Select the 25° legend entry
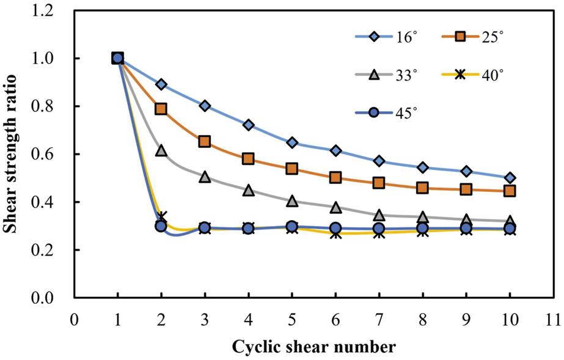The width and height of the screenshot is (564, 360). coord(471,37)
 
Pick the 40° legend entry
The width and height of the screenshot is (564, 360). coord(471,75)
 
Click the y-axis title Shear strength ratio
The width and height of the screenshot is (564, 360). coord(13,154)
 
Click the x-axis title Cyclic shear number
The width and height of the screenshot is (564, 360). coord(313,347)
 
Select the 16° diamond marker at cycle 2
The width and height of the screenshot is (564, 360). coord(161,84)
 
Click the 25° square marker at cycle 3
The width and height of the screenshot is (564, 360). coord(205,141)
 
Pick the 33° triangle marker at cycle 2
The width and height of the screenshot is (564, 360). coord(161,150)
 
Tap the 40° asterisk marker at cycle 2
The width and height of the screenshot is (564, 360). coord(161,217)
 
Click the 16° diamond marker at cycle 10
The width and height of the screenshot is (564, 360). coord(510,178)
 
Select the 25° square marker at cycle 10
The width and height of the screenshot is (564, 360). coord(510,191)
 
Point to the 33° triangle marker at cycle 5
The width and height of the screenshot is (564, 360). coord(292,200)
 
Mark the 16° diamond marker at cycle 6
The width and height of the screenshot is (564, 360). coord(335,150)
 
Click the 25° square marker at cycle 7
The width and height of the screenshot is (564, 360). coord(379,183)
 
